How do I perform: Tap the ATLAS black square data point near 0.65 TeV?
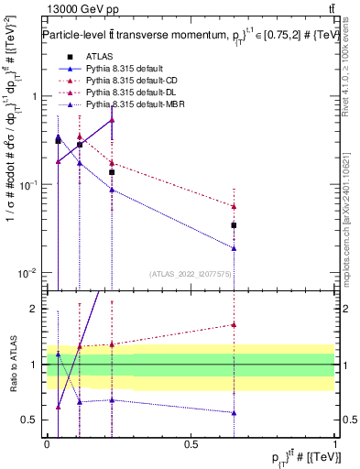[235, 224]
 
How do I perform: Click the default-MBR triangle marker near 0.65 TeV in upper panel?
[235, 248]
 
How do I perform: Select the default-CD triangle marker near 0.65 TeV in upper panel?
[235, 206]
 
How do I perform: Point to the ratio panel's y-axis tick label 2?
[34, 310]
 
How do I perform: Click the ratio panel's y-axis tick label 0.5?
[30, 420]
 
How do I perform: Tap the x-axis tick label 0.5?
[191, 442]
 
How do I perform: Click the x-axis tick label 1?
[334, 442]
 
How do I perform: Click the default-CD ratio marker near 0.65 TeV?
[235, 324]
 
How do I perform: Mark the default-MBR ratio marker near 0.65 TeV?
[235, 412]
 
